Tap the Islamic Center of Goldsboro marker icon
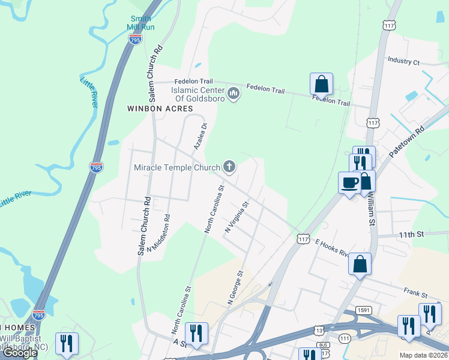(x=234, y=94)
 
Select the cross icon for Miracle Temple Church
(x=229, y=167)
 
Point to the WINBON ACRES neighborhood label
(x=160, y=109)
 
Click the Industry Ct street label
(x=403, y=61)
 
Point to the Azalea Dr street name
(x=199, y=136)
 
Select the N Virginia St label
(x=237, y=218)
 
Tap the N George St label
(x=234, y=289)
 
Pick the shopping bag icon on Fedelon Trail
(x=321, y=84)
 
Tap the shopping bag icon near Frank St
(x=360, y=264)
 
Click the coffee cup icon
(x=349, y=183)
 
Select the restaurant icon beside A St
(x=196, y=333)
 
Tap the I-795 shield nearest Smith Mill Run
(x=135, y=40)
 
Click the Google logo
(x=20, y=353)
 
